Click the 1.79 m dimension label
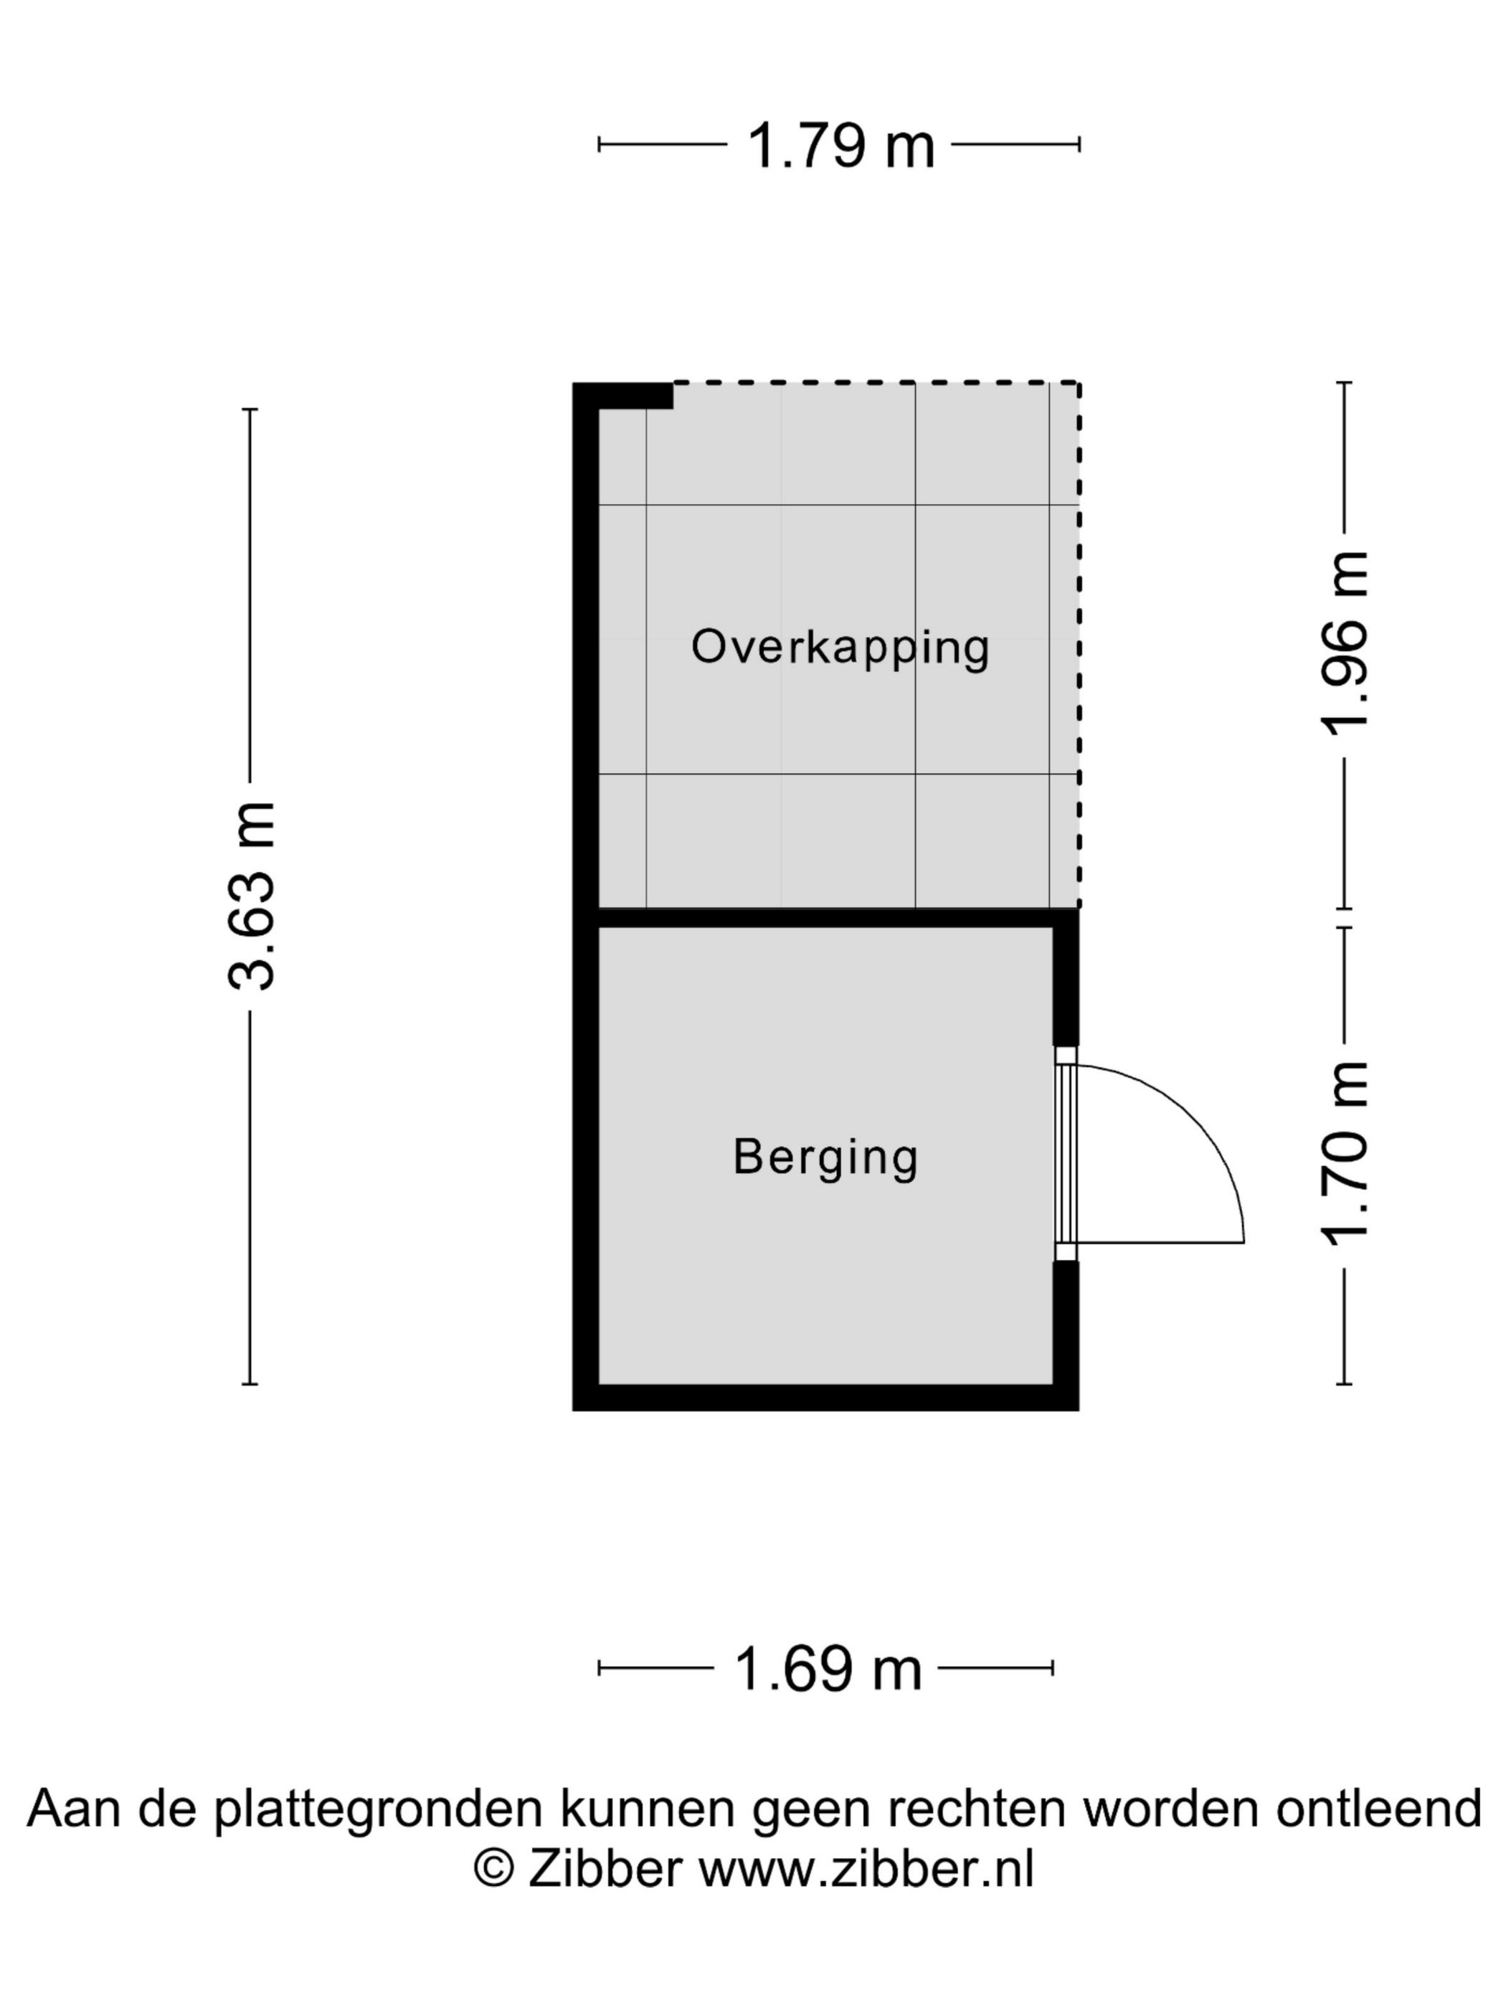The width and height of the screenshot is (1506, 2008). [840, 146]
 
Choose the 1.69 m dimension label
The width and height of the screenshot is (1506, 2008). [827, 1670]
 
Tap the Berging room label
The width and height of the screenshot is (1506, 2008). [825, 1158]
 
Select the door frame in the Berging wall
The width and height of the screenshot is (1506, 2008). [1066, 1153]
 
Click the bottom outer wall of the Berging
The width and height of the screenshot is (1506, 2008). [826, 1398]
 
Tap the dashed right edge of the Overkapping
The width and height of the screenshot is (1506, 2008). [1079, 645]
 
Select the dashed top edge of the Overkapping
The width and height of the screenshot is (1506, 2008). [877, 384]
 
